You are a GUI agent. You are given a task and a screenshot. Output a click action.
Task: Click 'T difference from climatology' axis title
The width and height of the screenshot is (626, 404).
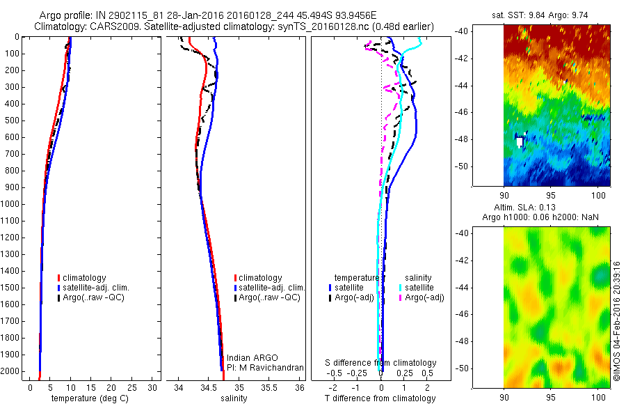381,398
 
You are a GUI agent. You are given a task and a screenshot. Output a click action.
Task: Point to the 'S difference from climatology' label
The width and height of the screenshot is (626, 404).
381,363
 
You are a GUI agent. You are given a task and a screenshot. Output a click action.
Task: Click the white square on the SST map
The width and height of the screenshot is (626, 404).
520,141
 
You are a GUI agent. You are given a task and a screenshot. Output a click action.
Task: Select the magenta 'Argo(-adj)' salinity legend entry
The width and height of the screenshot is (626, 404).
424,297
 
